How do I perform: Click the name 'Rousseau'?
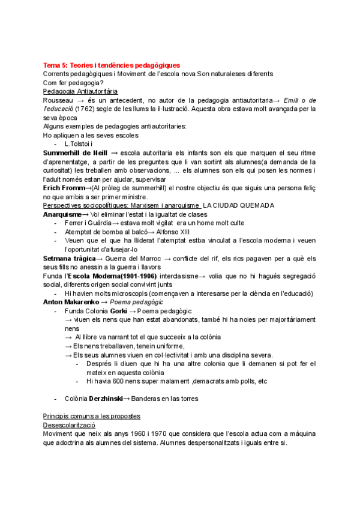pyautogui.click(x=59, y=100)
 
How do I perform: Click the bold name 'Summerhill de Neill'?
pyautogui.click(x=76, y=153)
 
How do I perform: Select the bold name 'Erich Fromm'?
pyautogui.click(x=64, y=188)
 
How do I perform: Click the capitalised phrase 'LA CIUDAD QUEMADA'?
pyautogui.click(x=239, y=205)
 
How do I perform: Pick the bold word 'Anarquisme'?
pyautogui.click(x=62, y=214)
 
